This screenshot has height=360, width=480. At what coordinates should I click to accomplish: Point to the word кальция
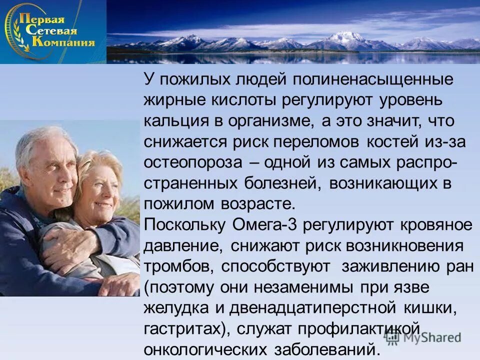pos(176,121)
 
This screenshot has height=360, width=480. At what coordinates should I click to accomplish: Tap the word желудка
pos(175,307)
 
